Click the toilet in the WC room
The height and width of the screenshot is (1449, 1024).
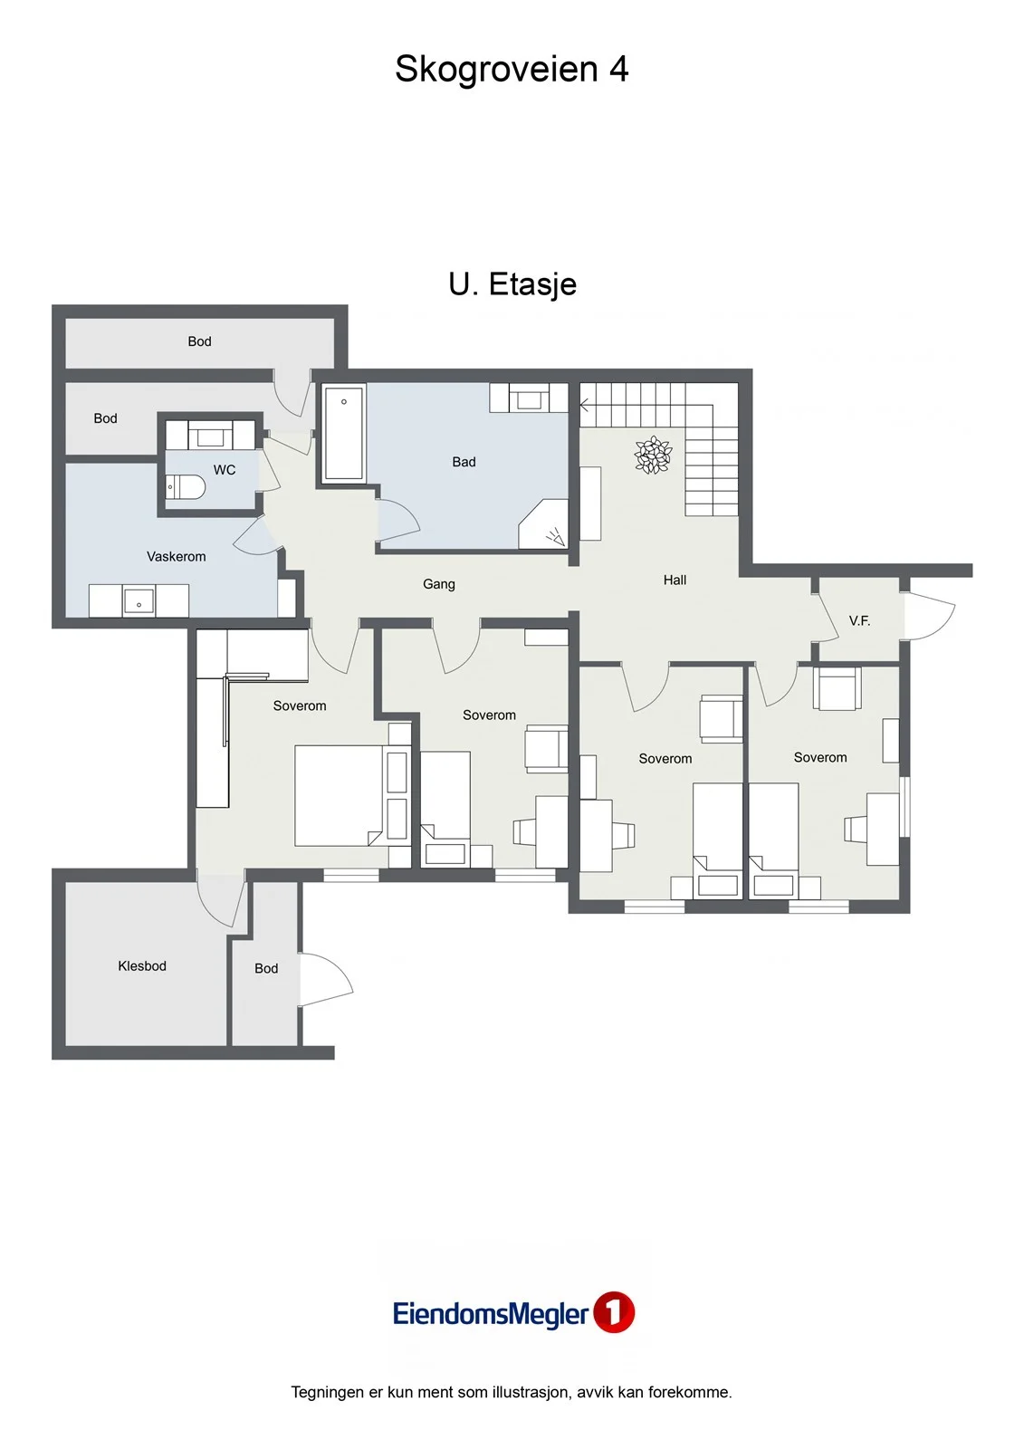(185, 488)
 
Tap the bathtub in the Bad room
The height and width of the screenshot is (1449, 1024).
(343, 433)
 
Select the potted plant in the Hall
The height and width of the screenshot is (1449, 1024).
(653, 455)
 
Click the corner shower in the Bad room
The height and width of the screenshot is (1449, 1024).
(543, 524)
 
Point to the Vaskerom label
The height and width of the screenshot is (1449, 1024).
(176, 556)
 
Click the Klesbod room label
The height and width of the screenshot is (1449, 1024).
(142, 965)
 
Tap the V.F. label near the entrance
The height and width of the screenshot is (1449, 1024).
(859, 621)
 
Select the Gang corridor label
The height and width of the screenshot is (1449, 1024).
(438, 584)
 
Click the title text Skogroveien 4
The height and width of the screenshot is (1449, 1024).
(512, 69)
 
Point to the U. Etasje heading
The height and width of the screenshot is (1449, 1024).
(512, 284)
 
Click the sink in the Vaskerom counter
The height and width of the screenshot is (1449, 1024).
(139, 601)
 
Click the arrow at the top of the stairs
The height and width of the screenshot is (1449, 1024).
(584, 406)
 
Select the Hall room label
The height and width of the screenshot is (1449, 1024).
(675, 581)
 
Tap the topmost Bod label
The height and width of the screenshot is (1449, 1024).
(199, 341)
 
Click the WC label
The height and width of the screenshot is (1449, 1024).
(225, 470)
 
